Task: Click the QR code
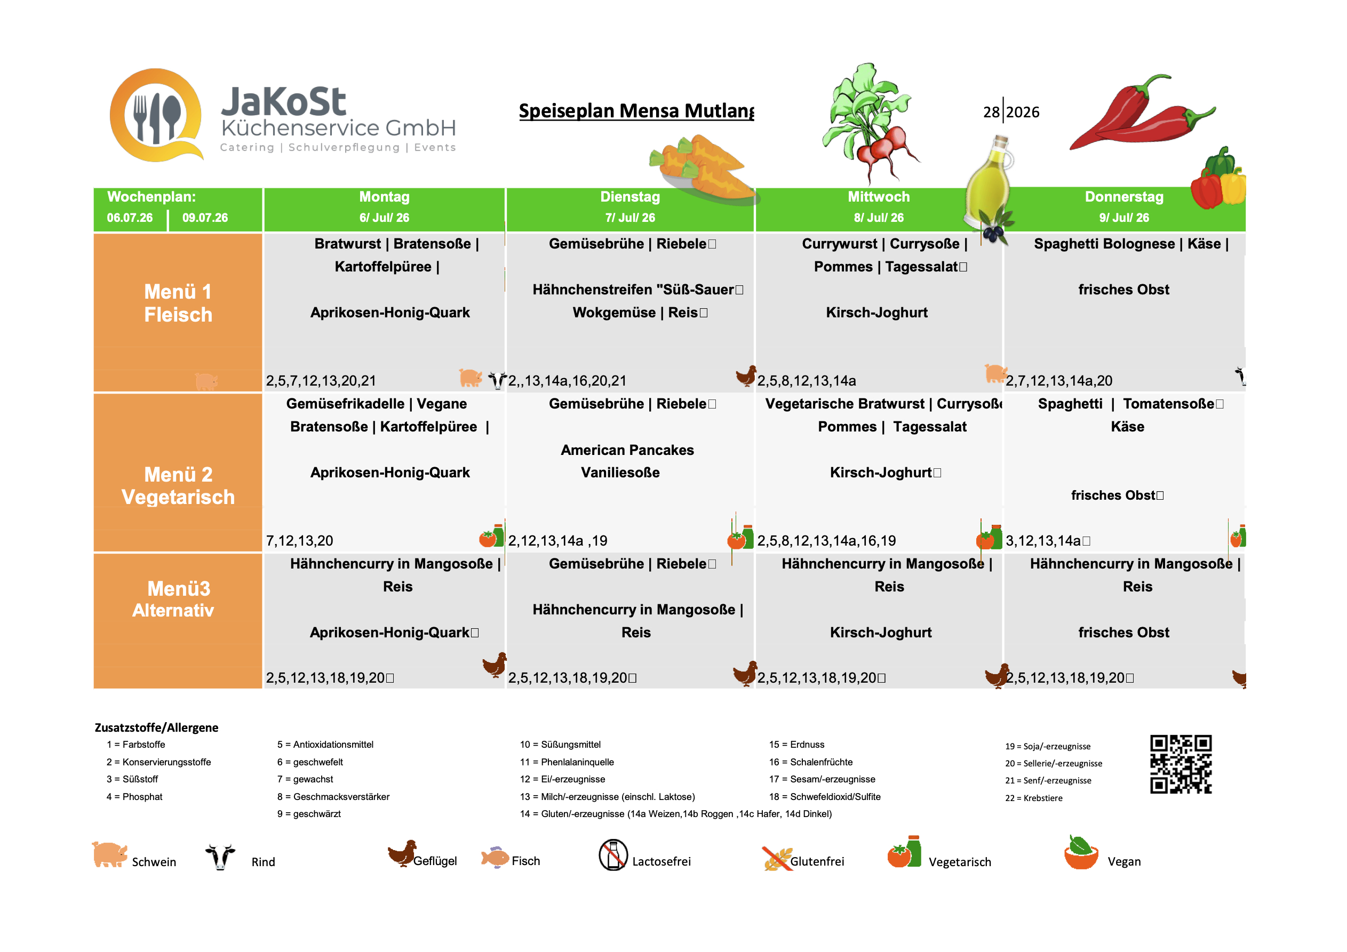[x=1181, y=764]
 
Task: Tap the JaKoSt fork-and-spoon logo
[x=157, y=115]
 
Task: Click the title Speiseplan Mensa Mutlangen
[x=636, y=110]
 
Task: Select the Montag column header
[x=384, y=207]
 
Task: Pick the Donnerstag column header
[x=1124, y=207]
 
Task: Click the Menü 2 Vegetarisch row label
[x=178, y=486]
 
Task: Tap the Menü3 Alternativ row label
[x=174, y=599]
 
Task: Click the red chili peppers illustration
[x=1141, y=113]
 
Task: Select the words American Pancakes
[x=627, y=450]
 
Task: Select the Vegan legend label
[x=1124, y=862]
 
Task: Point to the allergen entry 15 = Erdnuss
[x=796, y=745]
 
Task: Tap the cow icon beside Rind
[x=220, y=857]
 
